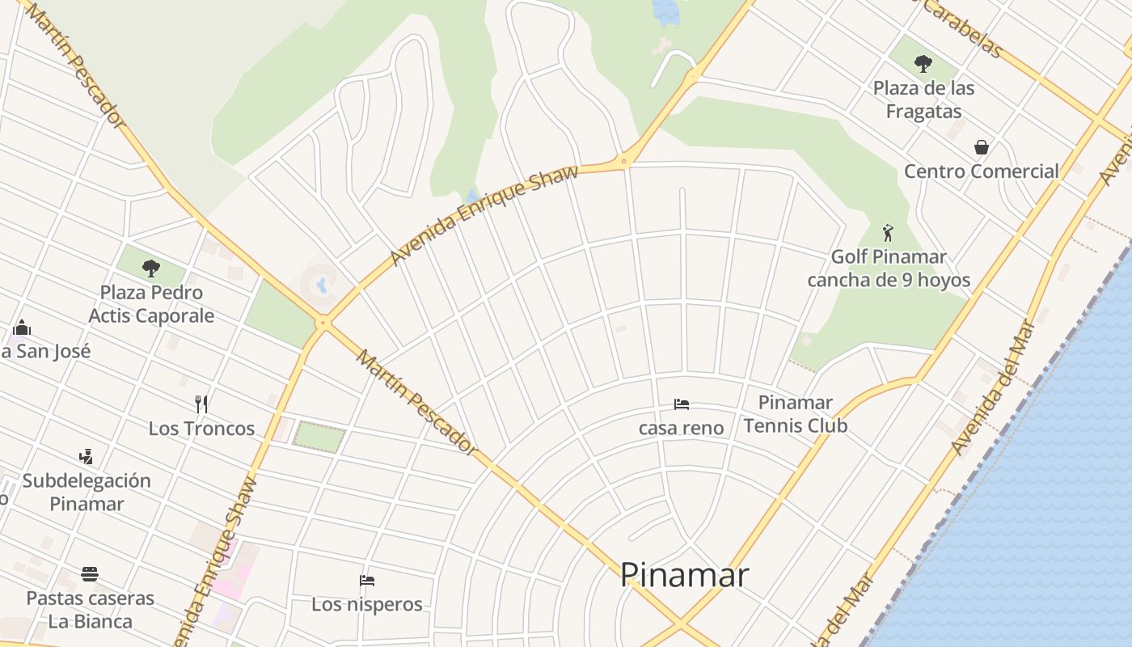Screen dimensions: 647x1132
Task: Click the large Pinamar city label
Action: (x=684, y=575)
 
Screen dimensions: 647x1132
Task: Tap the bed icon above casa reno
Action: (x=682, y=404)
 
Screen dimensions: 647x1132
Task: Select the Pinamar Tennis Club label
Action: (x=796, y=413)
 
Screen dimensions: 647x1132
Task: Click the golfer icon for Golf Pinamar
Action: (x=888, y=233)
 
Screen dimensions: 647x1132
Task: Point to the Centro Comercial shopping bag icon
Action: (x=982, y=147)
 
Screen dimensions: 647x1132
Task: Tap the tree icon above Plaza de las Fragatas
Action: (x=923, y=64)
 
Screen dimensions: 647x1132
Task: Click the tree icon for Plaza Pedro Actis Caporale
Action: (x=150, y=268)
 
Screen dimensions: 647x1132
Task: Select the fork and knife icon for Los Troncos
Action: (x=201, y=404)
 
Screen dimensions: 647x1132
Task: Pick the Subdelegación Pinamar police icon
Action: (x=87, y=457)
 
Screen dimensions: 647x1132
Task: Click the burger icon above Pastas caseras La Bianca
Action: (x=90, y=574)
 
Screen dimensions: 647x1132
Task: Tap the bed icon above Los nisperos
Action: (x=367, y=580)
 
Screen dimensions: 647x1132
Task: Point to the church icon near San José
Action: (x=22, y=328)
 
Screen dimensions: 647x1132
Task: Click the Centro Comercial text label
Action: (x=981, y=171)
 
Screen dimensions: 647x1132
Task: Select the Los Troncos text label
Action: (x=201, y=429)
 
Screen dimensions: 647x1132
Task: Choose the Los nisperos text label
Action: (x=367, y=604)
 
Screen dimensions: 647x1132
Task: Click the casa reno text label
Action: (x=681, y=428)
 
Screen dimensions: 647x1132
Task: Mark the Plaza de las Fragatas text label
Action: (x=923, y=99)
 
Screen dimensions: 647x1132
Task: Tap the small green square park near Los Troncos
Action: (x=319, y=437)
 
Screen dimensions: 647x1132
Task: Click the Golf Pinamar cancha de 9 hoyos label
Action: (x=888, y=269)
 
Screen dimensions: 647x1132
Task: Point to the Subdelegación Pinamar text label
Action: (x=87, y=492)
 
